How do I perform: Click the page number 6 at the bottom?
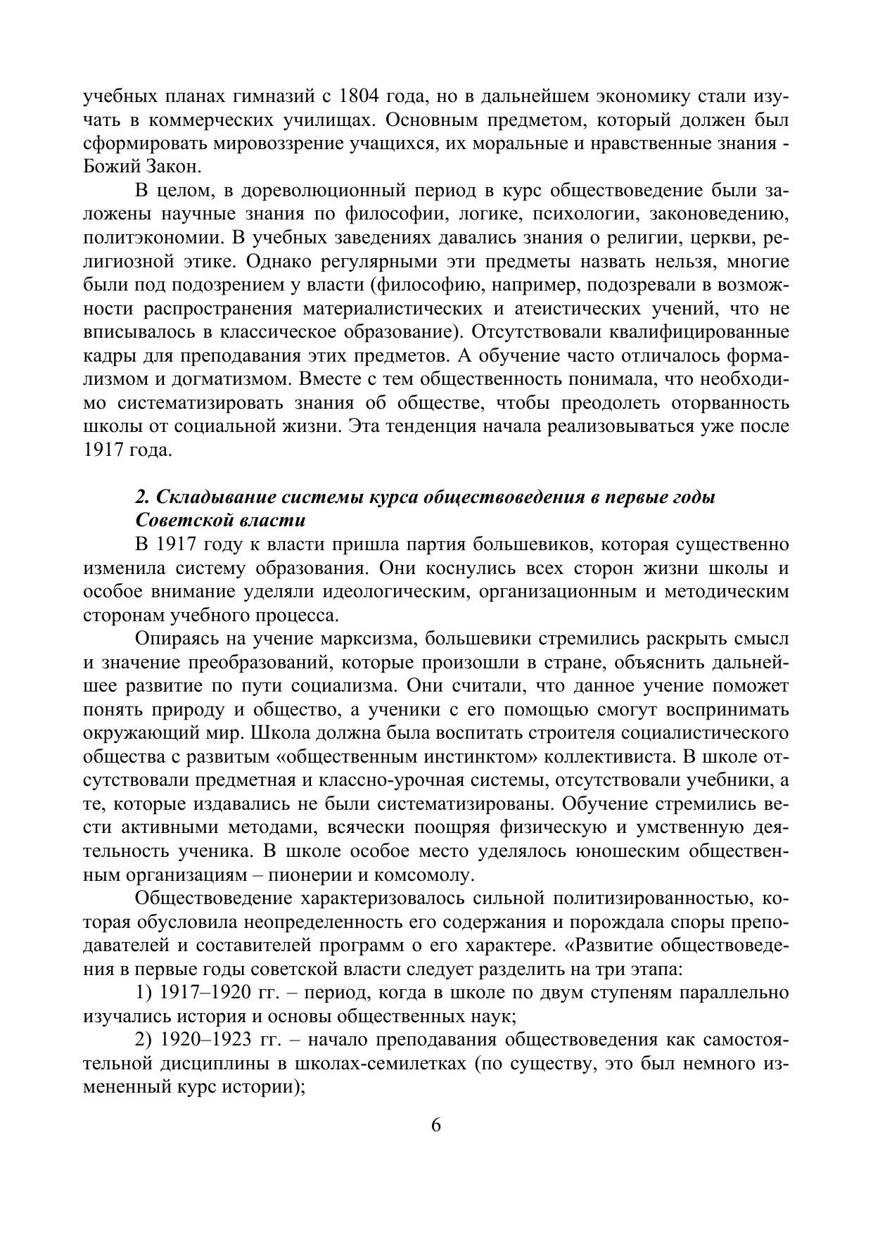pos(436,1125)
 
